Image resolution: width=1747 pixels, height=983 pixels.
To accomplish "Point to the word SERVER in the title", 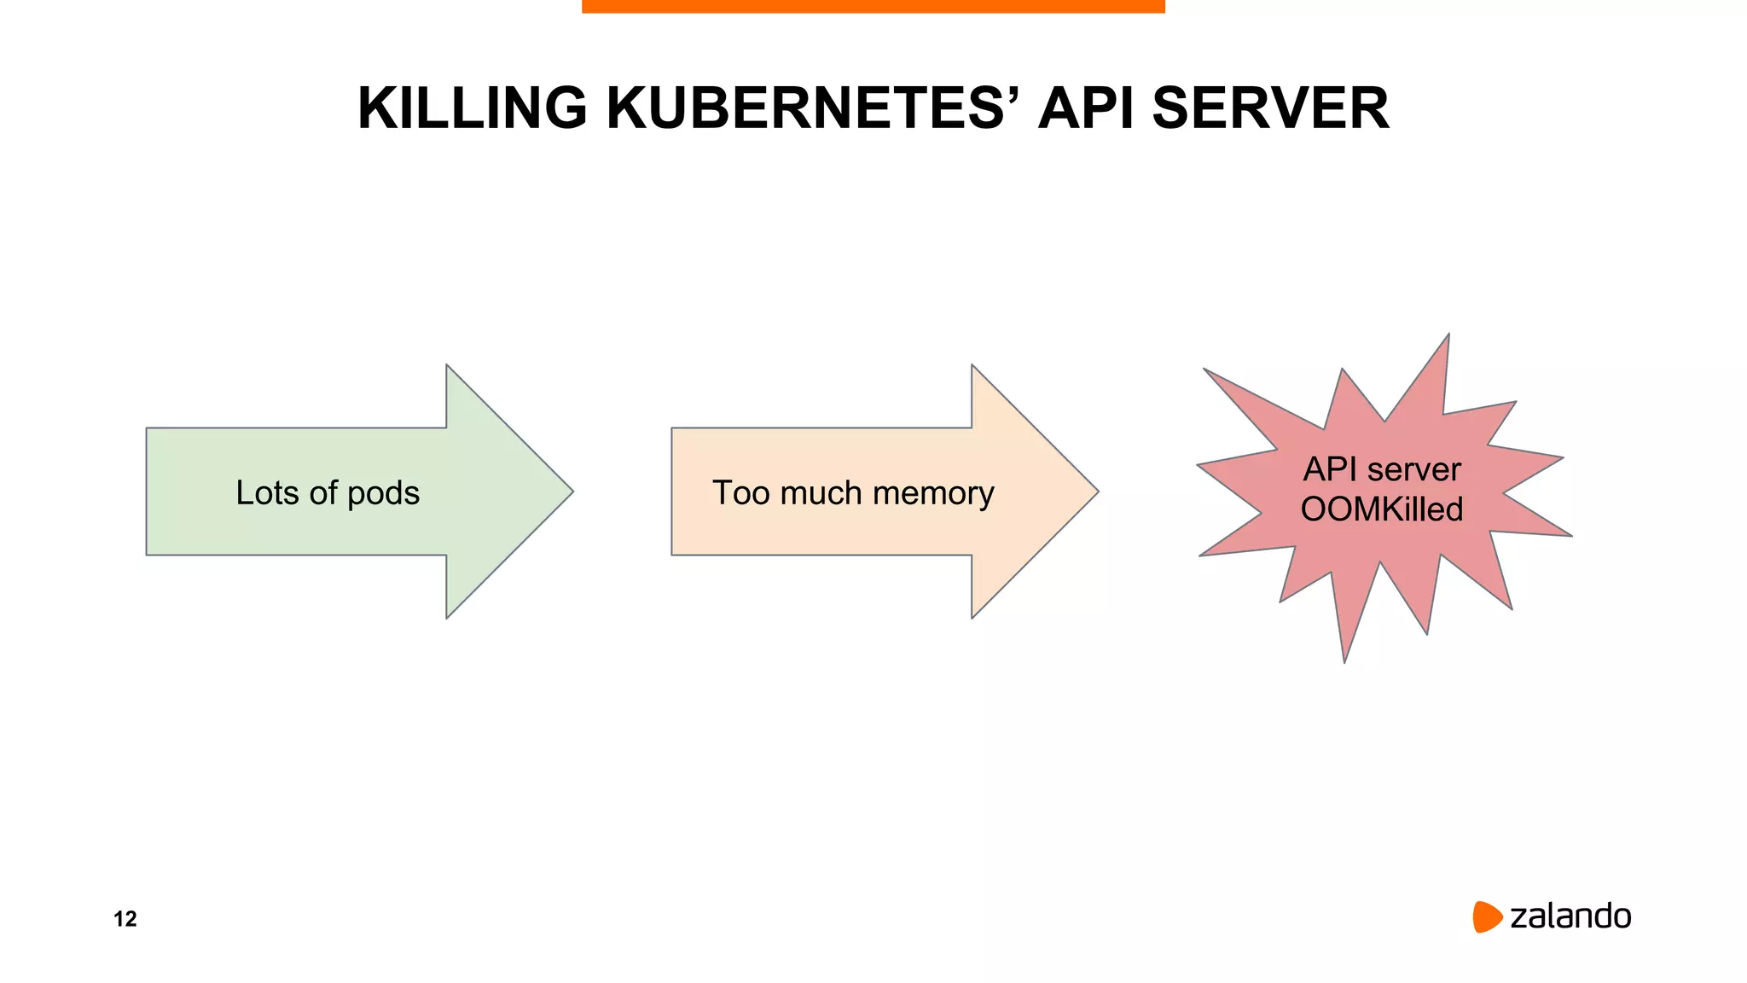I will pyautogui.click(x=1270, y=108).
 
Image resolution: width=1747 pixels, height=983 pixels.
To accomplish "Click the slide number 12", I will pyautogui.click(x=125, y=919).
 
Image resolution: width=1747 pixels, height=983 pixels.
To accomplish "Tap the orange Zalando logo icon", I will pyautogui.click(x=1486, y=916).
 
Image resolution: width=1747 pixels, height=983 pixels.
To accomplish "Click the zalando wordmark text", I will pyautogui.click(x=1570, y=916).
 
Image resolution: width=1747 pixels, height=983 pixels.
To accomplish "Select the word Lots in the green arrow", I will pyautogui.click(x=267, y=493).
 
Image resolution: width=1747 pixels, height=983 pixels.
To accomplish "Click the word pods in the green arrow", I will pyautogui.click(x=383, y=494).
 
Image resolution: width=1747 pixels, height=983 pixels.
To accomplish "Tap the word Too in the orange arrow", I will pyautogui.click(x=741, y=493).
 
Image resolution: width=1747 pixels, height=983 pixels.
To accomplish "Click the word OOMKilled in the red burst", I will pyautogui.click(x=1382, y=509).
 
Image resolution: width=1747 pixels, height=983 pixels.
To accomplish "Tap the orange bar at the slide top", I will pyautogui.click(x=873, y=6).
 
